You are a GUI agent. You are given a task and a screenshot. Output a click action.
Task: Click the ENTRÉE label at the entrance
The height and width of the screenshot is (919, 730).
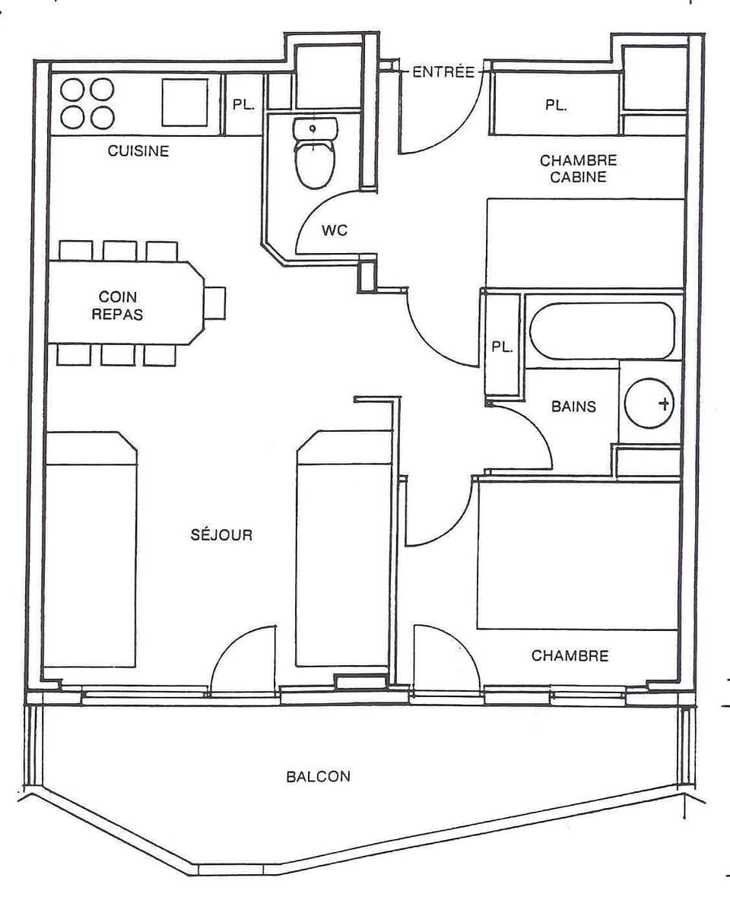click(x=443, y=73)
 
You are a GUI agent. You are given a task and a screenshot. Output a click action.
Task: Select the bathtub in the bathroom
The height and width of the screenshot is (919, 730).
click(x=602, y=331)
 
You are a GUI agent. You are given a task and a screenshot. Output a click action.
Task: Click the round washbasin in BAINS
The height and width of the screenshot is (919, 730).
click(x=649, y=403)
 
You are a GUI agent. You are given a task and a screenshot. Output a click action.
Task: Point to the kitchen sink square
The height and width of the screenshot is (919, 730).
click(x=185, y=102)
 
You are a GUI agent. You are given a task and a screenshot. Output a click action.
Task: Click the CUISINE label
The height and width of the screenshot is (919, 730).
click(x=138, y=151)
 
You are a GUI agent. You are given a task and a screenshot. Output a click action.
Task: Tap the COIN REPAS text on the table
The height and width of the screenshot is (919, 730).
click(x=117, y=305)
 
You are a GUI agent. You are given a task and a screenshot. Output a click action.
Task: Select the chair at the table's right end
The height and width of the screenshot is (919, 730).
click(x=215, y=303)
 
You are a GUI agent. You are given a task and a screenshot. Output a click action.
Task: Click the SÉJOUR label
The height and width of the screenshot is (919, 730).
click(x=221, y=535)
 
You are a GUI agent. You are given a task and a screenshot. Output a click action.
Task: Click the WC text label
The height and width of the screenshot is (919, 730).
click(x=335, y=230)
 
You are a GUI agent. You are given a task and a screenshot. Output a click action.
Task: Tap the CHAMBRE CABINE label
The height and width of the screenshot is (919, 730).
click(x=579, y=169)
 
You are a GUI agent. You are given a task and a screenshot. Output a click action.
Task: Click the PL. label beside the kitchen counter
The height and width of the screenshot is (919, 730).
click(x=243, y=106)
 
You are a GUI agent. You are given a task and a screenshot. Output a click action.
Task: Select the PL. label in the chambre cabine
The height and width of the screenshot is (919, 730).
click(x=556, y=106)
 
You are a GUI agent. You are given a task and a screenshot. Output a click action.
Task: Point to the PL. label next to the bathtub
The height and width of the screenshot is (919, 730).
click(x=502, y=347)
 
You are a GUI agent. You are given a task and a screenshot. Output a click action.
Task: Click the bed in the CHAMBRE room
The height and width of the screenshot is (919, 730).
click(x=578, y=555)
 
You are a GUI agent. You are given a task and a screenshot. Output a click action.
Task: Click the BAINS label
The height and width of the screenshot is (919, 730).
click(x=573, y=407)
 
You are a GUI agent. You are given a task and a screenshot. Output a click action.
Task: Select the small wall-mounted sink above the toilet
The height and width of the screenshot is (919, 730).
click(x=313, y=129)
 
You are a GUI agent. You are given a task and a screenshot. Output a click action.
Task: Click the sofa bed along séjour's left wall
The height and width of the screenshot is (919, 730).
click(x=90, y=551)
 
